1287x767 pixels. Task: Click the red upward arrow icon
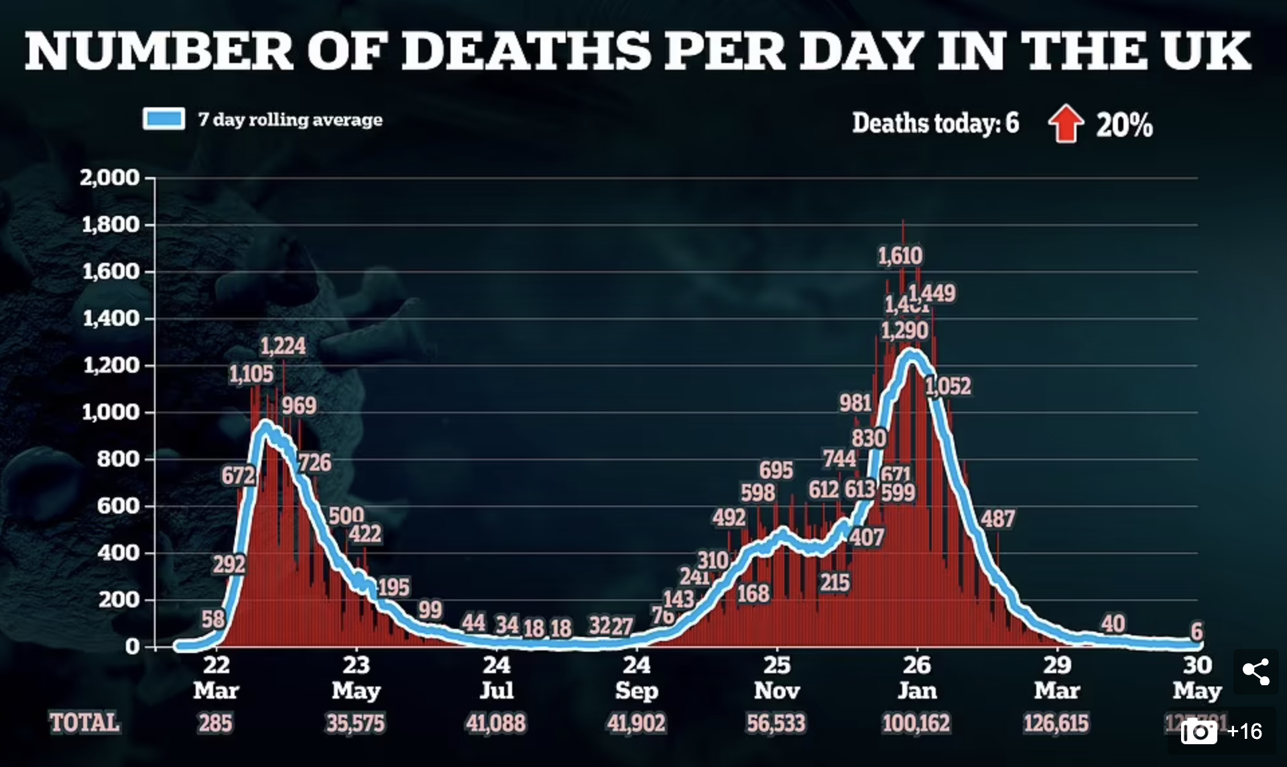point(1066,124)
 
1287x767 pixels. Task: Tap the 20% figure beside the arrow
point(1124,125)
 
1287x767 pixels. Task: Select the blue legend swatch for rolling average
point(164,119)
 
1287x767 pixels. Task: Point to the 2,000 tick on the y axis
point(110,178)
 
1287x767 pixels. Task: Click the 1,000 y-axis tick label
point(110,412)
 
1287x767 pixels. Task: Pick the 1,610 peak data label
point(900,255)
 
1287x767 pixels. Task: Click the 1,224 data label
point(283,346)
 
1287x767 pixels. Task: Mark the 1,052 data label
point(948,386)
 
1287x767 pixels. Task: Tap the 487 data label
point(997,519)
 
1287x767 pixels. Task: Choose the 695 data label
point(776,470)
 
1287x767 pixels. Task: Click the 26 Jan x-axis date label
point(917,677)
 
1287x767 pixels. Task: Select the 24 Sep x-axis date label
point(636,677)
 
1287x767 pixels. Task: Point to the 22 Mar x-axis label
point(216,677)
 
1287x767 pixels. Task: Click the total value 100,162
point(916,723)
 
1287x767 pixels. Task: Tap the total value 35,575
point(355,723)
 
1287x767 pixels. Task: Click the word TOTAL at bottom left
point(84,723)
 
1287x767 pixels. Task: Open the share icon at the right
point(1255,671)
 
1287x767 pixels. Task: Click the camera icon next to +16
point(1199,731)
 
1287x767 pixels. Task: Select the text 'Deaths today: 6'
point(935,123)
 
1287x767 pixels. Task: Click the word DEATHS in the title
point(527,51)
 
